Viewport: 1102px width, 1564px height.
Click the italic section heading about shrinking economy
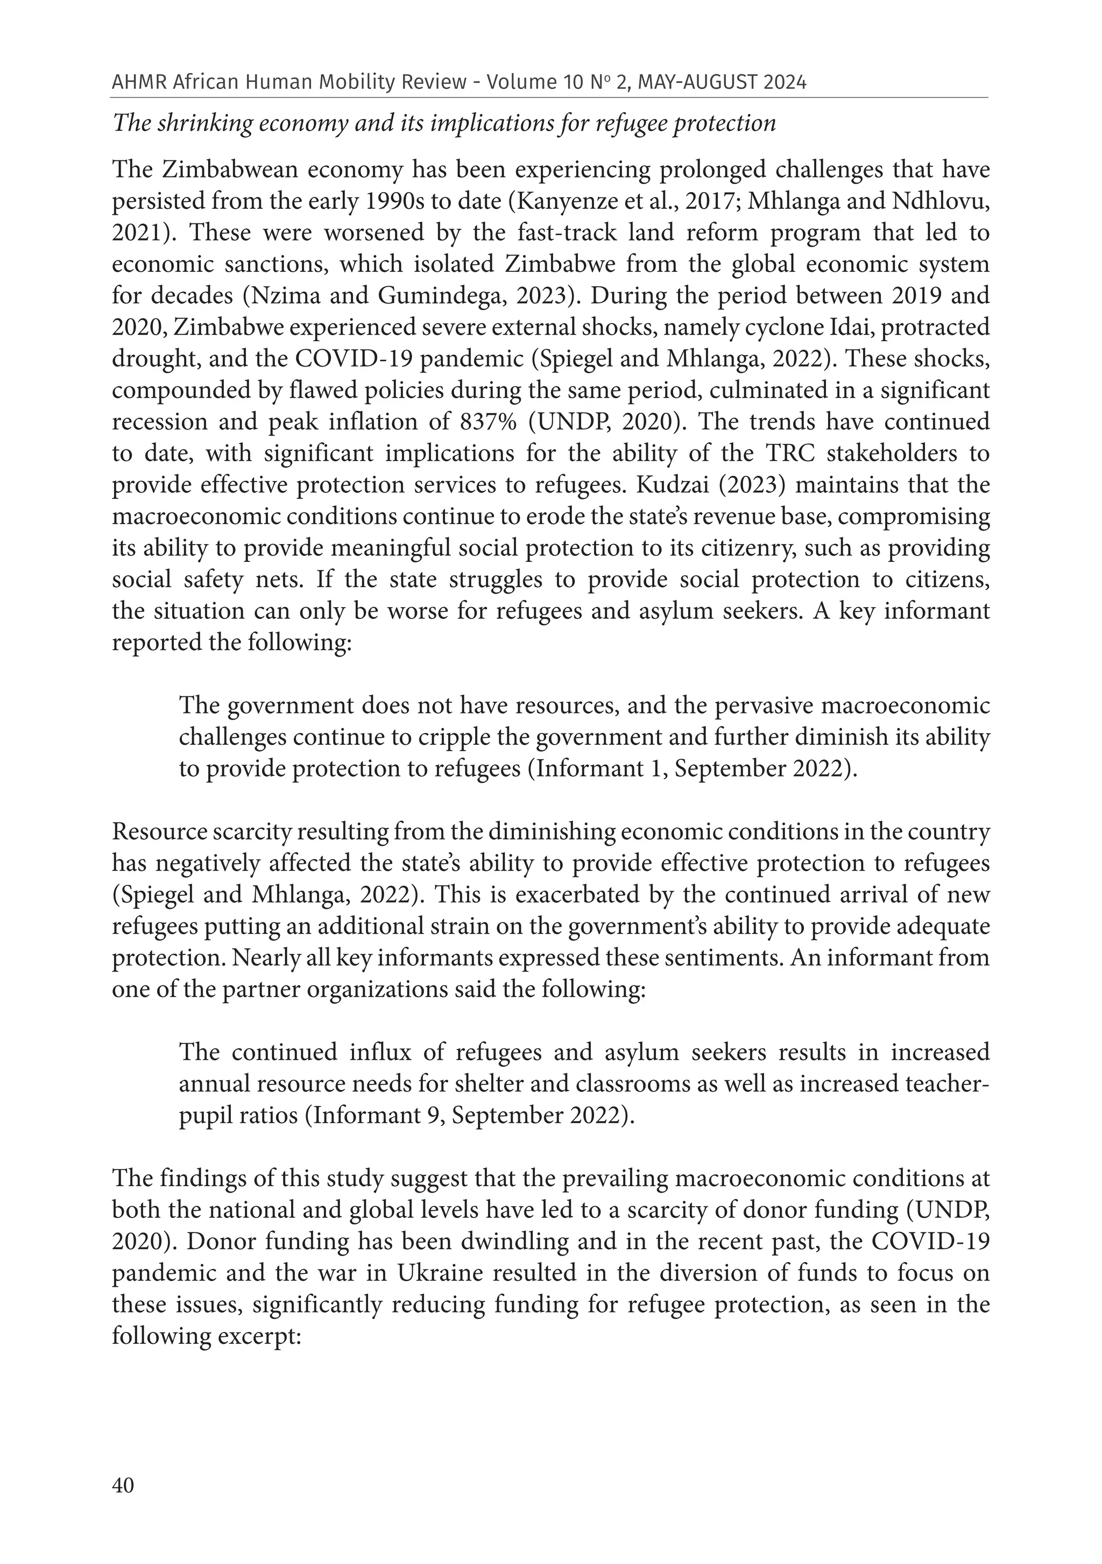click(x=444, y=123)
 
